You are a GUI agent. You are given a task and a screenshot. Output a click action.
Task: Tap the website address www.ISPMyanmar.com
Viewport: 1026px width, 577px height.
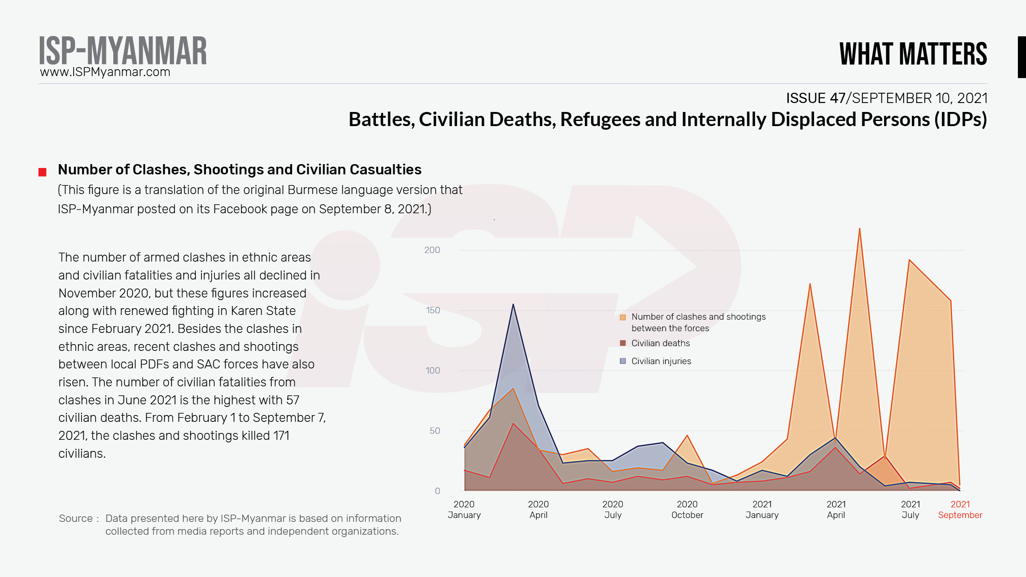pyautogui.click(x=105, y=72)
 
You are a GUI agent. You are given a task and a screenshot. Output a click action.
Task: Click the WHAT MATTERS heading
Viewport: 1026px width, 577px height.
pyautogui.click(x=913, y=54)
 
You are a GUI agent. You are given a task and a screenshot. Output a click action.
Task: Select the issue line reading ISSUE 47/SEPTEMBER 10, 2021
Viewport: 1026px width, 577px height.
pyautogui.click(x=887, y=98)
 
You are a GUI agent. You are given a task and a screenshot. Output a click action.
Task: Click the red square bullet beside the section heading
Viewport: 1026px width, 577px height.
pyautogui.click(x=42, y=172)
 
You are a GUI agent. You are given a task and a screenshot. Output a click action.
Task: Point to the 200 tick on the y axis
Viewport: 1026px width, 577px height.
pyautogui.click(x=432, y=250)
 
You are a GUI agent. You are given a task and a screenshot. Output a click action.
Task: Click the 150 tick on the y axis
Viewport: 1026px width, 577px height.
pyautogui.click(x=433, y=310)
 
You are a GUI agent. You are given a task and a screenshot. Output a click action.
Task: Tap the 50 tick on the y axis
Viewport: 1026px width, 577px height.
pyautogui.click(x=434, y=431)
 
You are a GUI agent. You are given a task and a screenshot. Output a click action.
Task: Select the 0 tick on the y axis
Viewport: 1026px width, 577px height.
pyautogui.click(x=437, y=491)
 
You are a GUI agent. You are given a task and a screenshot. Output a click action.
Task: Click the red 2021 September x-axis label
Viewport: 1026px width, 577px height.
pyautogui.click(x=960, y=509)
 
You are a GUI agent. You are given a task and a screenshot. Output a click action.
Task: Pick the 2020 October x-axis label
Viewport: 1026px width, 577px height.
pyautogui.click(x=687, y=509)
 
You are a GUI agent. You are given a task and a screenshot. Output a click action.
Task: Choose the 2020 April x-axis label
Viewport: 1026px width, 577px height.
pyautogui.click(x=538, y=509)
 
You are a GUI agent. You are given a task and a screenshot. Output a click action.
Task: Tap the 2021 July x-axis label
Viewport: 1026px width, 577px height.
pyautogui.click(x=910, y=509)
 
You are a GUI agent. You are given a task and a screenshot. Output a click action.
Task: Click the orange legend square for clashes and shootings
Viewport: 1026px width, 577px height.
pyautogui.click(x=623, y=317)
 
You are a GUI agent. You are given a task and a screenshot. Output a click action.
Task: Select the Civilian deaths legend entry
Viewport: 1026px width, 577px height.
pyautogui.click(x=660, y=343)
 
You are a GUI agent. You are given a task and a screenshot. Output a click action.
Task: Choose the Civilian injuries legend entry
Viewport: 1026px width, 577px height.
pyautogui.click(x=661, y=361)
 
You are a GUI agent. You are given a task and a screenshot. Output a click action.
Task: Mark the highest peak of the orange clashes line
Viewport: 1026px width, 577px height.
pyautogui.click(x=859, y=229)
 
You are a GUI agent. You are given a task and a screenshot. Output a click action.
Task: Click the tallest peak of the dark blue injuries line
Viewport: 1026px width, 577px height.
pyautogui.click(x=513, y=305)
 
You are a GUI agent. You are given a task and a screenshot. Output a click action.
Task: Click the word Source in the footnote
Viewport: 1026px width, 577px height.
pyautogui.click(x=76, y=518)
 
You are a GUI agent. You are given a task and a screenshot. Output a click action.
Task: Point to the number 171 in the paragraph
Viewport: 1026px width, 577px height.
pyautogui.click(x=281, y=436)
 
